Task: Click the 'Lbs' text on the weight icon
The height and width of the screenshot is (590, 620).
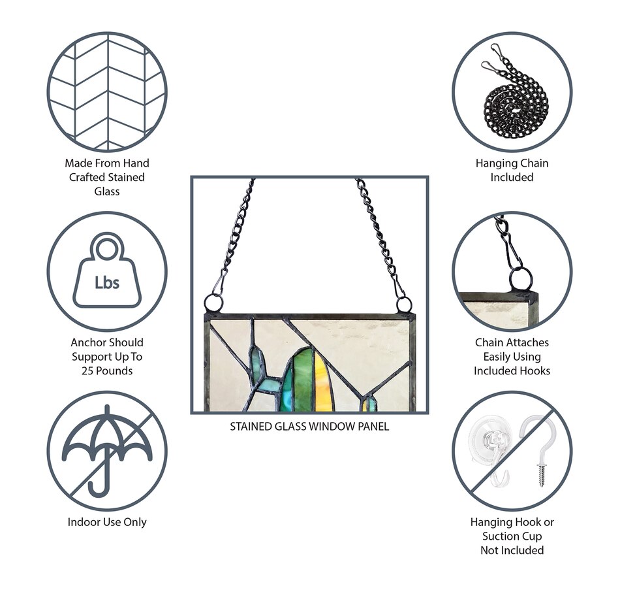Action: tap(107, 282)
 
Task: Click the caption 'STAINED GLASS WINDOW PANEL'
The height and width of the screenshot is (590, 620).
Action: tap(309, 427)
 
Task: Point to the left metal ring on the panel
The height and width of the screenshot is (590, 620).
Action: tap(213, 304)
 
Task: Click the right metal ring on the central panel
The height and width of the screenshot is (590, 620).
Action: tap(404, 306)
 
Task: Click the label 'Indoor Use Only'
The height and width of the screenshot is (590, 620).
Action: tap(107, 522)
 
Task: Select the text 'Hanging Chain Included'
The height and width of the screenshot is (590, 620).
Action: tap(512, 170)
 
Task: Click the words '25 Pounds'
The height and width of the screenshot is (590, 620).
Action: tap(107, 370)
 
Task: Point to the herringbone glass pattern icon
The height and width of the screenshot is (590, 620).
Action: tap(107, 92)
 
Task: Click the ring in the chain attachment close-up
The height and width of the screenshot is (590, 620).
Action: tap(520, 279)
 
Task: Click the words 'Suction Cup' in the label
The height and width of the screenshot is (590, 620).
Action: tap(512, 536)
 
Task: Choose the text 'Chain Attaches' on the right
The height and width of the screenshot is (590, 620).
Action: tap(512, 342)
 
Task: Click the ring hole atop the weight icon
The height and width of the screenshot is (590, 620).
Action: tap(107, 249)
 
